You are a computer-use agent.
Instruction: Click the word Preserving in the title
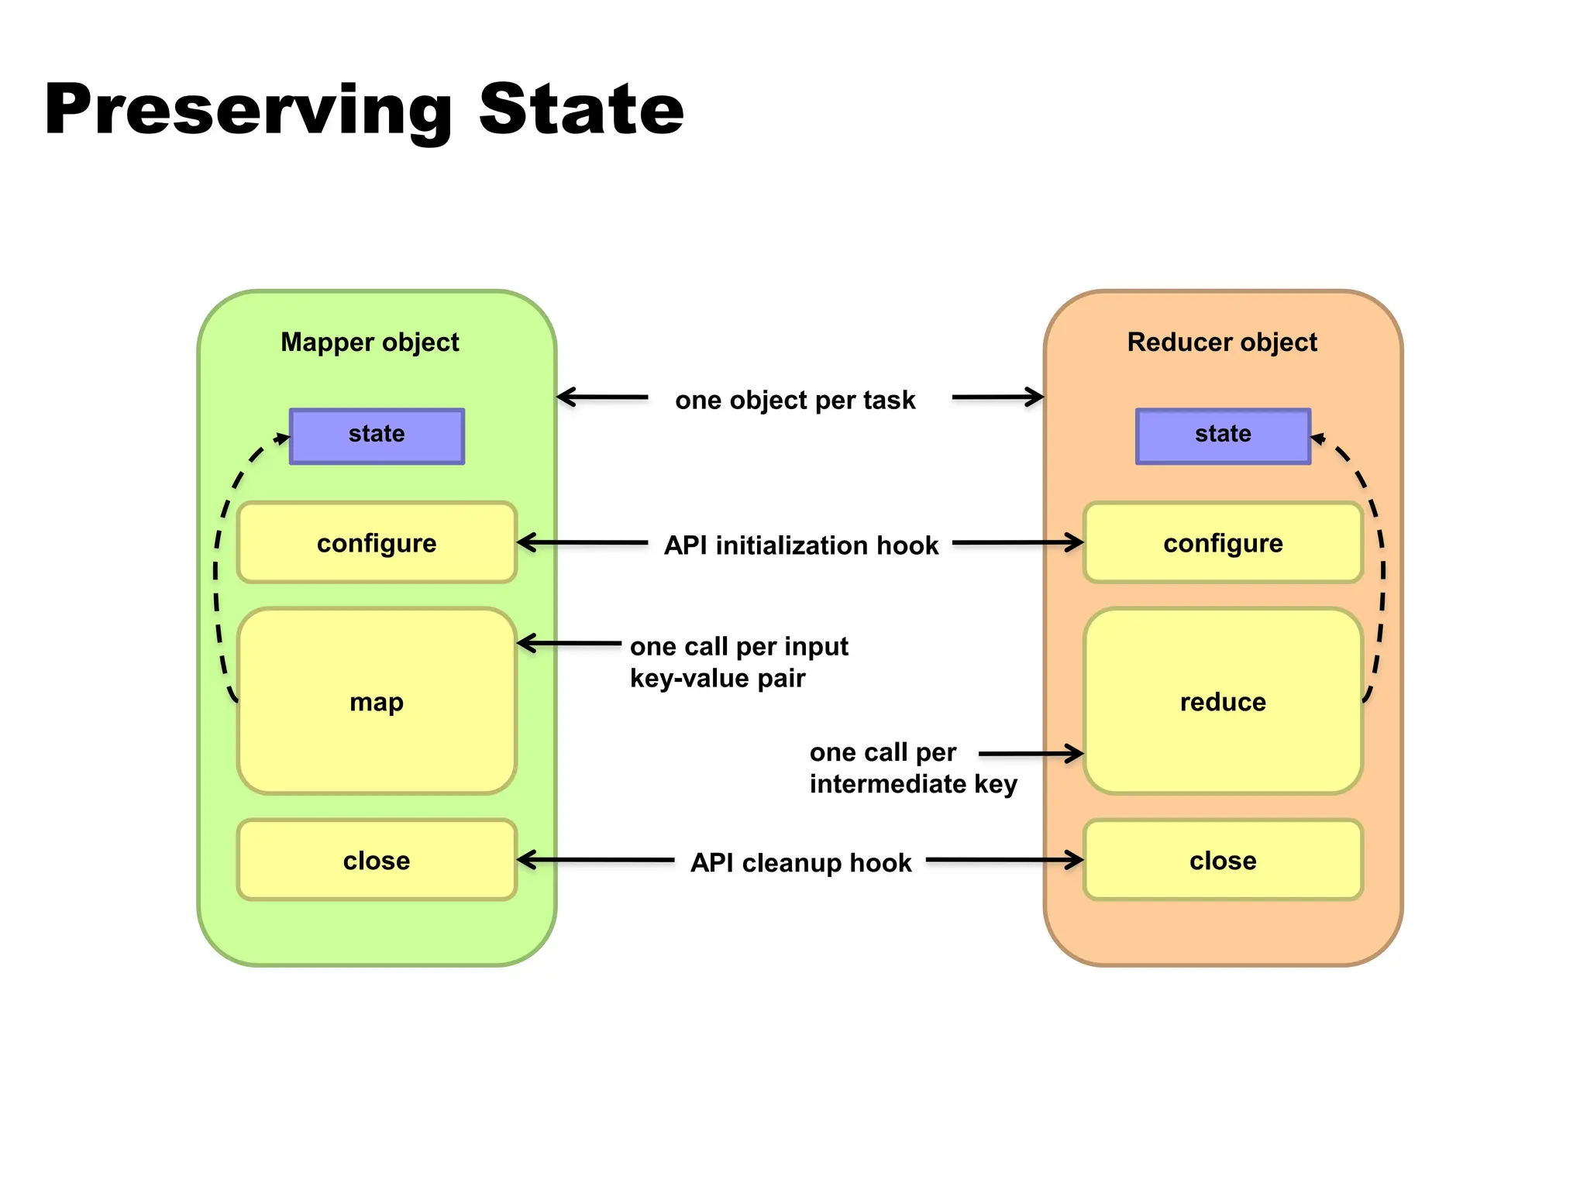tap(248, 110)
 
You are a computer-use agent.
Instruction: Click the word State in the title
tap(581, 110)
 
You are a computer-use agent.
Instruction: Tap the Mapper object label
tap(370, 342)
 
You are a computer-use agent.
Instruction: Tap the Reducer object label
tap(1222, 342)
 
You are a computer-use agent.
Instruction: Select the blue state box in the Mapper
tap(377, 436)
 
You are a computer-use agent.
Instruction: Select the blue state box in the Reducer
tap(1223, 436)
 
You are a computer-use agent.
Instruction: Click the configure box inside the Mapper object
tap(377, 542)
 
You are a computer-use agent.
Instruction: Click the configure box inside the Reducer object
tap(1223, 542)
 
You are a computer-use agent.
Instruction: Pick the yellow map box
tap(377, 701)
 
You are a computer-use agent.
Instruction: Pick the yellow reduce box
tap(1223, 701)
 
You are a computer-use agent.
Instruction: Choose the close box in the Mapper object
tap(377, 860)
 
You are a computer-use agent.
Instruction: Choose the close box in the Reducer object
tap(1223, 860)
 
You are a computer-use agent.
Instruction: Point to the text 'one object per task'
tap(795, 400)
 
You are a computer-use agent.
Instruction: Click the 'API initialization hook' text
tap(800, 545)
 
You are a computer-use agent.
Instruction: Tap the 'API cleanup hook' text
tap(800, 862)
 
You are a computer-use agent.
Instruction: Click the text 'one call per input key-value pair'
tap(738, 662)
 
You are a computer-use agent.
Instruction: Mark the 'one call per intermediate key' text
tap(912, 768)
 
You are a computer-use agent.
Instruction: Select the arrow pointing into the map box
tap(570, 643)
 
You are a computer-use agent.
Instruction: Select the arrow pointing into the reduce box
tap(1031, 753)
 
